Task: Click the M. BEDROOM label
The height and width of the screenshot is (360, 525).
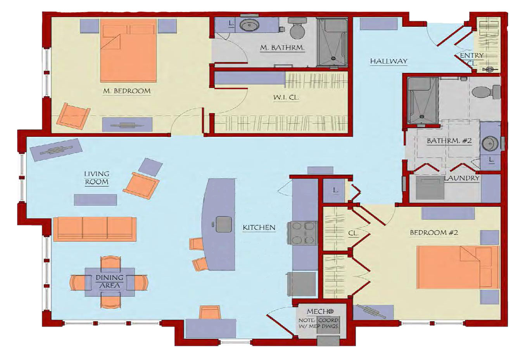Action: [x=127, y=91]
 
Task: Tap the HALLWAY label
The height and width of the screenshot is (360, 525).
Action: [x=389, y=61]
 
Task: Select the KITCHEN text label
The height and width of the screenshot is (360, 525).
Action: [x=259, y=227]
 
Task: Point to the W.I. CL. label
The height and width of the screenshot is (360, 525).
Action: [x=286, y=97]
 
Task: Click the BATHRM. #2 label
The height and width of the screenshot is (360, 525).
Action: [x=449, y=141]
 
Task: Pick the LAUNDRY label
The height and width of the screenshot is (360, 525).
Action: [x=462, y=178]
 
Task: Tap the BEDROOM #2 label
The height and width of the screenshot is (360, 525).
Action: [x=434, y=233]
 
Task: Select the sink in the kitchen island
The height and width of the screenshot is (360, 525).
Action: [x=224, y=224]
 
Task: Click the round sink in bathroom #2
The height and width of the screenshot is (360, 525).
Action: [x=490, y=143]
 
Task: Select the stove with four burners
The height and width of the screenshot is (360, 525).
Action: [x=302, y=233]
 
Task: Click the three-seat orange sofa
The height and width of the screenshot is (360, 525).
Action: [x=95, y=229]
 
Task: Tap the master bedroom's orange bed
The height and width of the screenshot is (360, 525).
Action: [x=128, y=50]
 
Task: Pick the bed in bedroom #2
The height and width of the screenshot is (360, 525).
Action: [x=458, y=267]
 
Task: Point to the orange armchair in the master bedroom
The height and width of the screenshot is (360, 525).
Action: [x=73, y=116]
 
